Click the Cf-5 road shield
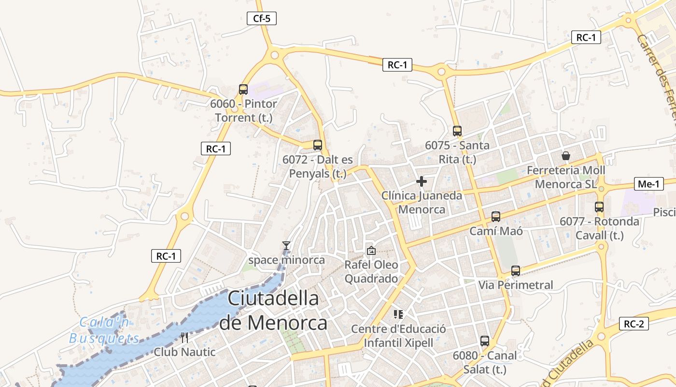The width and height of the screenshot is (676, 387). [x=262, y=19]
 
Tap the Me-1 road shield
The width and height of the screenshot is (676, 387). [x=648, y=184]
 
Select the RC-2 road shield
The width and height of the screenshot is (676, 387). [x=634, y=324]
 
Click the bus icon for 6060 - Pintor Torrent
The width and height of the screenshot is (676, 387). [x=243, y=89]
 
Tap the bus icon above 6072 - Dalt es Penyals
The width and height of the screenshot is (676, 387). [x=318, y=145]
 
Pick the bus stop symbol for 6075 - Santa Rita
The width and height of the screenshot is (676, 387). [x=457, y=131]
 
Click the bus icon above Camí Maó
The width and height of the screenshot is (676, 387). [x=496, y=217]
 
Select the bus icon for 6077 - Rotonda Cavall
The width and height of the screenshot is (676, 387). [x=599, y=207]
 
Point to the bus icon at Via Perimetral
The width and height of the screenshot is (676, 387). [x=516, y=271]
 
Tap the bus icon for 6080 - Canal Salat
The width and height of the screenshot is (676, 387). [x=485, y=341]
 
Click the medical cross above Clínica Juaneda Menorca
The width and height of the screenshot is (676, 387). [x=422, y=181]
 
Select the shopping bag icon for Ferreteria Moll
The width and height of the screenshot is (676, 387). [x=566, y=156]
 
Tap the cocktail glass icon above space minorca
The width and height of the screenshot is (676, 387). [x=286, y=246]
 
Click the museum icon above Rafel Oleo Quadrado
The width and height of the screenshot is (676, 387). [x=371, y=251]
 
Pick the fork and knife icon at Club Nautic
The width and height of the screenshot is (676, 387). [x=184, y=337]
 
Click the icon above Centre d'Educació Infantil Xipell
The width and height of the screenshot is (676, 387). [x=398, y=314]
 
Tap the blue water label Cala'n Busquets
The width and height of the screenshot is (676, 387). [x=104, y=330]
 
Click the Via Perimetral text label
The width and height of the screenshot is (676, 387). [x=516, y=285]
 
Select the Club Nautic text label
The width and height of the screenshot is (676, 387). [x=184, y=352]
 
